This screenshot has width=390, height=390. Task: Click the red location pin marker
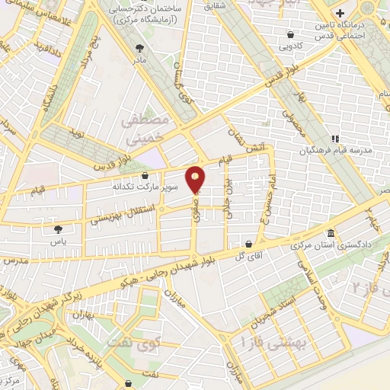(197, 178)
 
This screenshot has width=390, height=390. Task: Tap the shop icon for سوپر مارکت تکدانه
(145, 176)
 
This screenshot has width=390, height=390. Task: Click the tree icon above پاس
(59, 228)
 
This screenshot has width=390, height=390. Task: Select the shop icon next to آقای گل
(250, 245)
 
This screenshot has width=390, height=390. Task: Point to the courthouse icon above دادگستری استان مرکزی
(330, 233)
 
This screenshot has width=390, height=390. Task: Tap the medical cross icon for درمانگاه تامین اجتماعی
(340, 14)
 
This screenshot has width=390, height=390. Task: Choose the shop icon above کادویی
(291, 34)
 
